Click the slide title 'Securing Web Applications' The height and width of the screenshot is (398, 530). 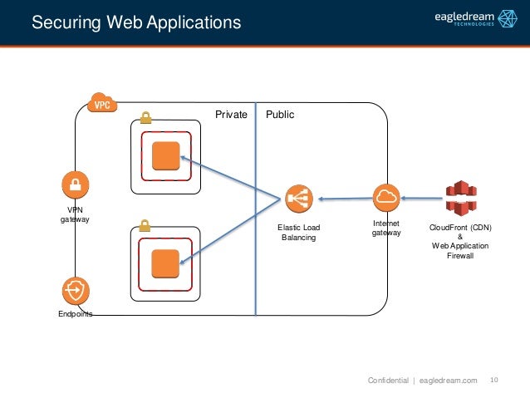[x=136, y=22]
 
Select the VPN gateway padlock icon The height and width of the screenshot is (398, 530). [x=75, y=184]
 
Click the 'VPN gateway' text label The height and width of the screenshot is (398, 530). [x=75, y=214]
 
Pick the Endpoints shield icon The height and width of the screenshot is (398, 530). [x=75, y=290]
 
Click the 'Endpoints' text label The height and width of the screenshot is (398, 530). [x=75, y=314]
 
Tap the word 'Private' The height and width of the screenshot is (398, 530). [x=232, y=115]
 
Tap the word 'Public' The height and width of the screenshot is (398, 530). [x=280, y=115]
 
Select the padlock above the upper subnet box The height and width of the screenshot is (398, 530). [x=145, y=118]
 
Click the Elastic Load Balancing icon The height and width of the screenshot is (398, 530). [x=297, y=198]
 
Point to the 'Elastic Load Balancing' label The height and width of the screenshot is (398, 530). [x=298, y=233]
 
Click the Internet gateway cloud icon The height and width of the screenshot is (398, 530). [x=386, y=197]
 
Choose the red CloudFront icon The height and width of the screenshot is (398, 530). [x=459, y=198]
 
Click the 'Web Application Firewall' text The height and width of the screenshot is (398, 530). [x=459, y=251]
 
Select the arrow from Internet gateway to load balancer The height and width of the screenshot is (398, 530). [x=345, y=199]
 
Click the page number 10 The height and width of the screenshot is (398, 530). [x=494, y=380]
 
